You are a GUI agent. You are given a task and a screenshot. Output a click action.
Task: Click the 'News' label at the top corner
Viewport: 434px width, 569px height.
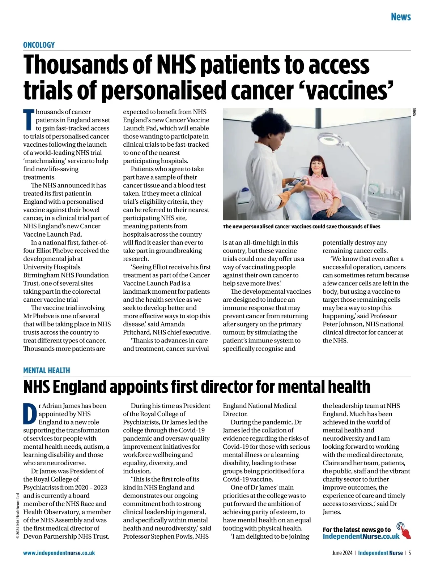pos(401,17)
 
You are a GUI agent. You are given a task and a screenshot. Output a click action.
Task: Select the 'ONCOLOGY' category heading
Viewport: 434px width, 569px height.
pos(39,45)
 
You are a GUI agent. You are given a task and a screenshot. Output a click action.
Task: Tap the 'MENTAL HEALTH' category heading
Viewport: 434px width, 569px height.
pos(47,370)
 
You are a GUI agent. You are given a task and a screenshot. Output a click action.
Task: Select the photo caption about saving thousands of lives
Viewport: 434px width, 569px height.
pos(301,227)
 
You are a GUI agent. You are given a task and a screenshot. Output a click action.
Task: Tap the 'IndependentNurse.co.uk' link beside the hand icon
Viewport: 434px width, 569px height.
pos(361,536)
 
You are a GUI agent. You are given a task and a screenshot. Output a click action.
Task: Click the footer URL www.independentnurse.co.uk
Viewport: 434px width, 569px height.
pos(59,553)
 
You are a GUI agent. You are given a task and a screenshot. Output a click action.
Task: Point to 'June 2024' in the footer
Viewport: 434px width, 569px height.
pos(342,553)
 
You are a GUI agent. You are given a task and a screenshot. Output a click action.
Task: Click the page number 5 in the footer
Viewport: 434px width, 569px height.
pos(410,553)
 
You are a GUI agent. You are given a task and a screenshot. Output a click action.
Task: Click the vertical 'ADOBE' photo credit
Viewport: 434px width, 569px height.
pos(414,112)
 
